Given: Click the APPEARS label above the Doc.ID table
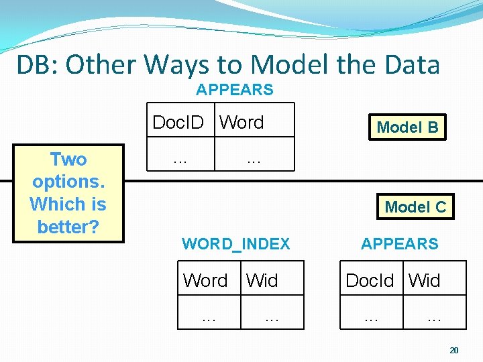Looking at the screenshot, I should tap(235, 90).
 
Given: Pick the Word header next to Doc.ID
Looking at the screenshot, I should tap(242, 122).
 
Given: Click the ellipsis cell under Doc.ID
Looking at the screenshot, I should tap(179, 160).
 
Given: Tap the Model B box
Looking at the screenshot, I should tap(407, 127).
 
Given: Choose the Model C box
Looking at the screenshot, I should tap(415, 207).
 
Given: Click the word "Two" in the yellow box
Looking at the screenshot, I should tap(68, 160).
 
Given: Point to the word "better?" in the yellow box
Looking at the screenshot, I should tap(68, 227).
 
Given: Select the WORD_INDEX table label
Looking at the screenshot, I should tap(236, 244).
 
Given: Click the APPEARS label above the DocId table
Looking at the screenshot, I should tap(399, 244).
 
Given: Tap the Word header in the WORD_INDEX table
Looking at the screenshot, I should tap(205, 280).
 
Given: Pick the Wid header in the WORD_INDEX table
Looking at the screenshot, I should tap(262, 280).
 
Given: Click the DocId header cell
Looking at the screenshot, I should tap(370, 280).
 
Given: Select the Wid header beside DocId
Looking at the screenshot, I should tap(425, 280).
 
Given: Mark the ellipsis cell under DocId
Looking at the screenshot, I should tap(370, 318).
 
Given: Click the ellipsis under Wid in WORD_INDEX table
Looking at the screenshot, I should tap(272, 318).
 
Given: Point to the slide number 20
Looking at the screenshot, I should tap(455, 350).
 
